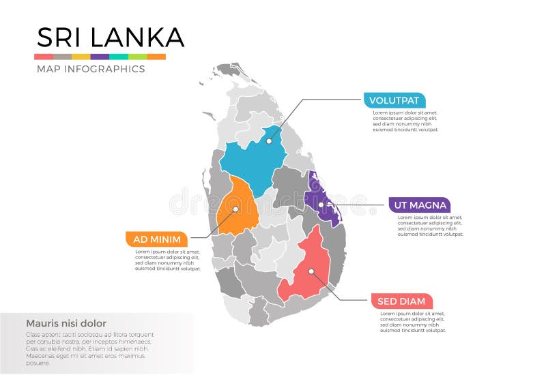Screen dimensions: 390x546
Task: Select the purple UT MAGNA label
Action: (419, 205)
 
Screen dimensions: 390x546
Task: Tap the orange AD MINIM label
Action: (157, 239)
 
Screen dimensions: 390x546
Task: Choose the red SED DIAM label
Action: (401, 301)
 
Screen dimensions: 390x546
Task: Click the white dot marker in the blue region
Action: (269, 141)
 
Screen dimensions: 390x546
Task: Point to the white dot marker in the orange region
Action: (235, 209)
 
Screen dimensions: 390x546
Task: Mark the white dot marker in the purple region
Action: (321, 205)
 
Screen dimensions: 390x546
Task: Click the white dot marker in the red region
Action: (311, 271)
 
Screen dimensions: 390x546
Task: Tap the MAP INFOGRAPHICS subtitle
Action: (90, 69)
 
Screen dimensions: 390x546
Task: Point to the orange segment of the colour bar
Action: (156, 57)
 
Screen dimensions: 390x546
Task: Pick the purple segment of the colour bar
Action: (100, 57)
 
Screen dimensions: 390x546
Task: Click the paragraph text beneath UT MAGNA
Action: (430, 226)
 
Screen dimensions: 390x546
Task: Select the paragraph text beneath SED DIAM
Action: (412, 322)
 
